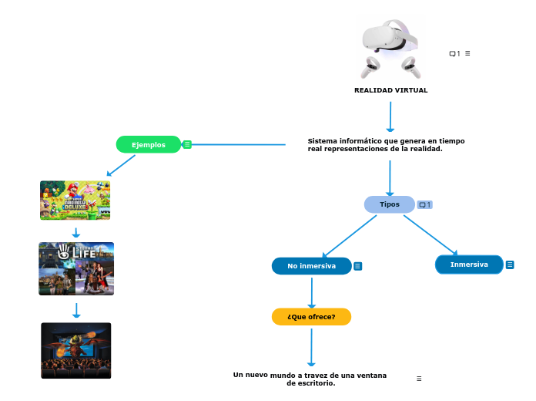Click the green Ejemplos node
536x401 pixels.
[149, 144]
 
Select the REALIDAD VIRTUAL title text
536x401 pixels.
[390, 90]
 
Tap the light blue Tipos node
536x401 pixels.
[390, 204]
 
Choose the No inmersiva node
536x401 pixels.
[312, 266]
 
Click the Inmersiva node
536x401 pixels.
[469, 265]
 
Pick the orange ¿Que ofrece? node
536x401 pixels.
[311, 316]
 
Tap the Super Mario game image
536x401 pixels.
[75, 200]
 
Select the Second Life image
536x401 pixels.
[76, 268]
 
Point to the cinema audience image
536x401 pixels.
[76, 350]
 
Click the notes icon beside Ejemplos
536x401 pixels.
[187, 144]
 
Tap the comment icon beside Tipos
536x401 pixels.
[424, 204]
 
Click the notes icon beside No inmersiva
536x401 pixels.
[358, 266]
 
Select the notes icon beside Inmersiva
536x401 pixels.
[510, 265]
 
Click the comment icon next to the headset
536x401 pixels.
[454, 53]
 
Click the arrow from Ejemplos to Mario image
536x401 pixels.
[121, 166]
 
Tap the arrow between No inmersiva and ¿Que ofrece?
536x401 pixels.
[312, 292]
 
